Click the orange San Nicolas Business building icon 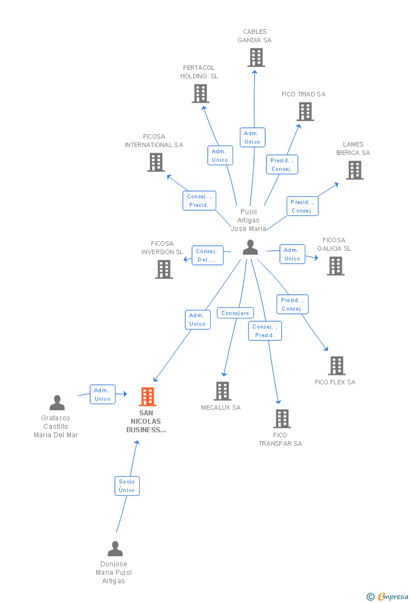point(148,397)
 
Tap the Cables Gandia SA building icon point(256,57)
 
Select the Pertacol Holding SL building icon point(200,94)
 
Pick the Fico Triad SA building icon point(305,112)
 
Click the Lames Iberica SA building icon point(355,170)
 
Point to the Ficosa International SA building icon point(156,162)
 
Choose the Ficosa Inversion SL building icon point(164,269)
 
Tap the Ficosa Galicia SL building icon point(336,266)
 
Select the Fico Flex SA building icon point(337,365)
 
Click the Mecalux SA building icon point(222,391)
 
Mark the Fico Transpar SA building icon point(282,419)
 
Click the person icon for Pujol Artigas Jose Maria point(251,247)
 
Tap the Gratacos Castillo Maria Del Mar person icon point(57,402)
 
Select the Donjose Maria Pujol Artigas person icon point(115,549)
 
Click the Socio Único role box point(127,486)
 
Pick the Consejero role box point(235,313)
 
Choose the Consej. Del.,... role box point(207,255)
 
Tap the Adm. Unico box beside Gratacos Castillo point(102,394)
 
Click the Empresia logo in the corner point(387,596)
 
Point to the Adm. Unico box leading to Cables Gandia point(252,138)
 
